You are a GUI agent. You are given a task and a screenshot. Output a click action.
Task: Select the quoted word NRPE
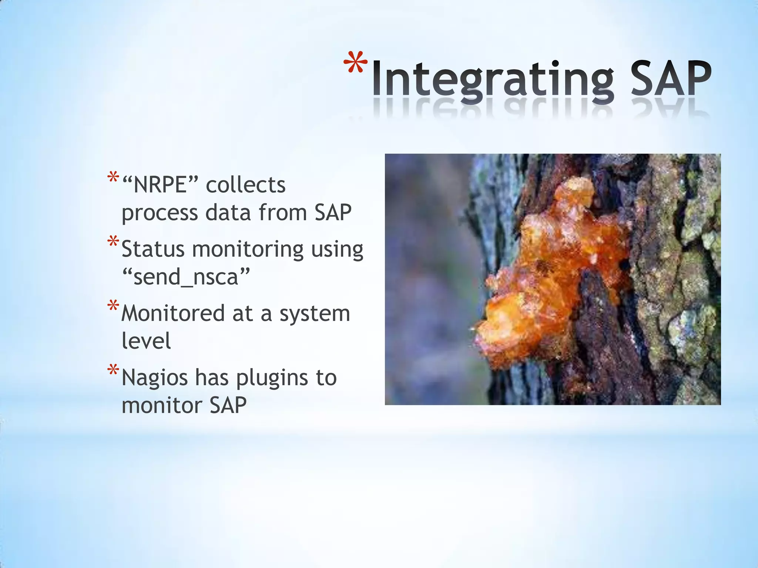(x=160, y=185)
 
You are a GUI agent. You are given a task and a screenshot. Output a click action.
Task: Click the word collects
(x=245, y=185)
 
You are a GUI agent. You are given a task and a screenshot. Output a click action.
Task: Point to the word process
(x=160, y=213)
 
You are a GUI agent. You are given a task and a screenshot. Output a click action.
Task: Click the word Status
(x=153, y=249)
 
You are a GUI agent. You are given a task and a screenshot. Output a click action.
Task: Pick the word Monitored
(x=173, y=313)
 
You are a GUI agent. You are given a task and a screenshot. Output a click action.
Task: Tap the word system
(x=315, y=314)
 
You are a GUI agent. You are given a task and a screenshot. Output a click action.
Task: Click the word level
(x=146, y=341)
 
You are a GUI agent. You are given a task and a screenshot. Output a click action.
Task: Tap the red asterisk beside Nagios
(x=113, y=370)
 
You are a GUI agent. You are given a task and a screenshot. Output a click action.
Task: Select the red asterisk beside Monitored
(x=113, y=306)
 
